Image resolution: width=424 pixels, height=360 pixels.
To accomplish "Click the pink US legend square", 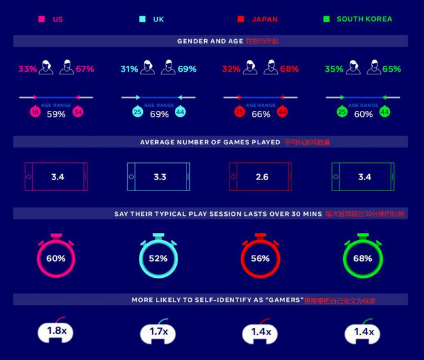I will [42, 20].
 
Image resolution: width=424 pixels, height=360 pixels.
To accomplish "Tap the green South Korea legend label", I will [364, 20].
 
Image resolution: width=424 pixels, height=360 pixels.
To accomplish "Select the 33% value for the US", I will [27, 68].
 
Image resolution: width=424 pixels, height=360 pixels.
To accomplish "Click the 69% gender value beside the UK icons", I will [187, 68].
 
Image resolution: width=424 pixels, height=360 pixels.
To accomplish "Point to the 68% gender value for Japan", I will [289, 68].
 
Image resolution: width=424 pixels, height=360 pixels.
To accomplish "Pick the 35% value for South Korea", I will [334, 68].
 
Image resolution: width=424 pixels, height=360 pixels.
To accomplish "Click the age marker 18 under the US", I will [35, 112].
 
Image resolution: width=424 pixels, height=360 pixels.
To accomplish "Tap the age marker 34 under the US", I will [78, 112].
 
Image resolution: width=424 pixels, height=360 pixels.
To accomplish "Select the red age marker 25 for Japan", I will [239, 112].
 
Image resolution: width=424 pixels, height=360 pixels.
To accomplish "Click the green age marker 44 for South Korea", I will [384, 112].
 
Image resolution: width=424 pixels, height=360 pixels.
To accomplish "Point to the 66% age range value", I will [261, 114].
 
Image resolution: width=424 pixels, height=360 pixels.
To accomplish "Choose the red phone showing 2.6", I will [260, 177].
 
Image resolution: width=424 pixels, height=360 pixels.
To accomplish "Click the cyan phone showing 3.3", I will [159, 177].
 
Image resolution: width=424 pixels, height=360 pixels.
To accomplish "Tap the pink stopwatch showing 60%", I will [56, 257].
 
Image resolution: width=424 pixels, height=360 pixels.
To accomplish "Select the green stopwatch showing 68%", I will [363, 257].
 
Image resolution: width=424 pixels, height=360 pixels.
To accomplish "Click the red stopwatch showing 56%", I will [260, 257].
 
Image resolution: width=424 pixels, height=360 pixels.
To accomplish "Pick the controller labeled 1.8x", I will [57, 332].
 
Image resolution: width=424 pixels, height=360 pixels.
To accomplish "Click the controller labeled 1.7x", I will [159, 332].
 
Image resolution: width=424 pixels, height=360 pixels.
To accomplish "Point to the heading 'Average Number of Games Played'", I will [210, 142].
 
